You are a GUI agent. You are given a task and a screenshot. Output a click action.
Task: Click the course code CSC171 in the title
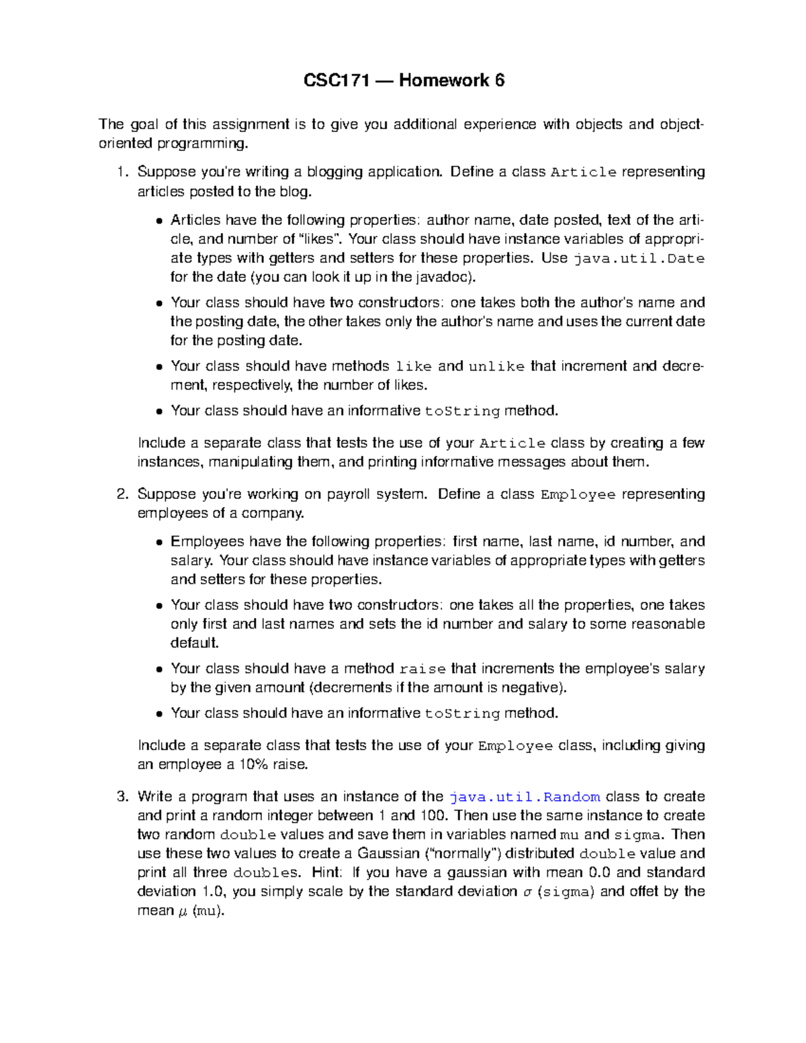(337, 81)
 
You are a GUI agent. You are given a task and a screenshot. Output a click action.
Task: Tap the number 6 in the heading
(499, 81)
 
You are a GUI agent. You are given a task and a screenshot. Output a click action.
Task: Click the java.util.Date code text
(638, 259)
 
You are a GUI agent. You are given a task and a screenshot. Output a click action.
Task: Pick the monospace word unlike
(496, 367)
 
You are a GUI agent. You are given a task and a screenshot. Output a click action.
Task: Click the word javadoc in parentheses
(449, 277)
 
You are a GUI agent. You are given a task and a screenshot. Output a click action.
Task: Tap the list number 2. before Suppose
(122, 495)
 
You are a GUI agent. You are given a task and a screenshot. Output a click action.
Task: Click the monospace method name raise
(422, 670)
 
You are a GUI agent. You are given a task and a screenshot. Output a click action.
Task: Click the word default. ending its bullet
(195, 643)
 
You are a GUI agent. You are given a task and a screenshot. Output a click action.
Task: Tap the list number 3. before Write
(122, 797)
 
